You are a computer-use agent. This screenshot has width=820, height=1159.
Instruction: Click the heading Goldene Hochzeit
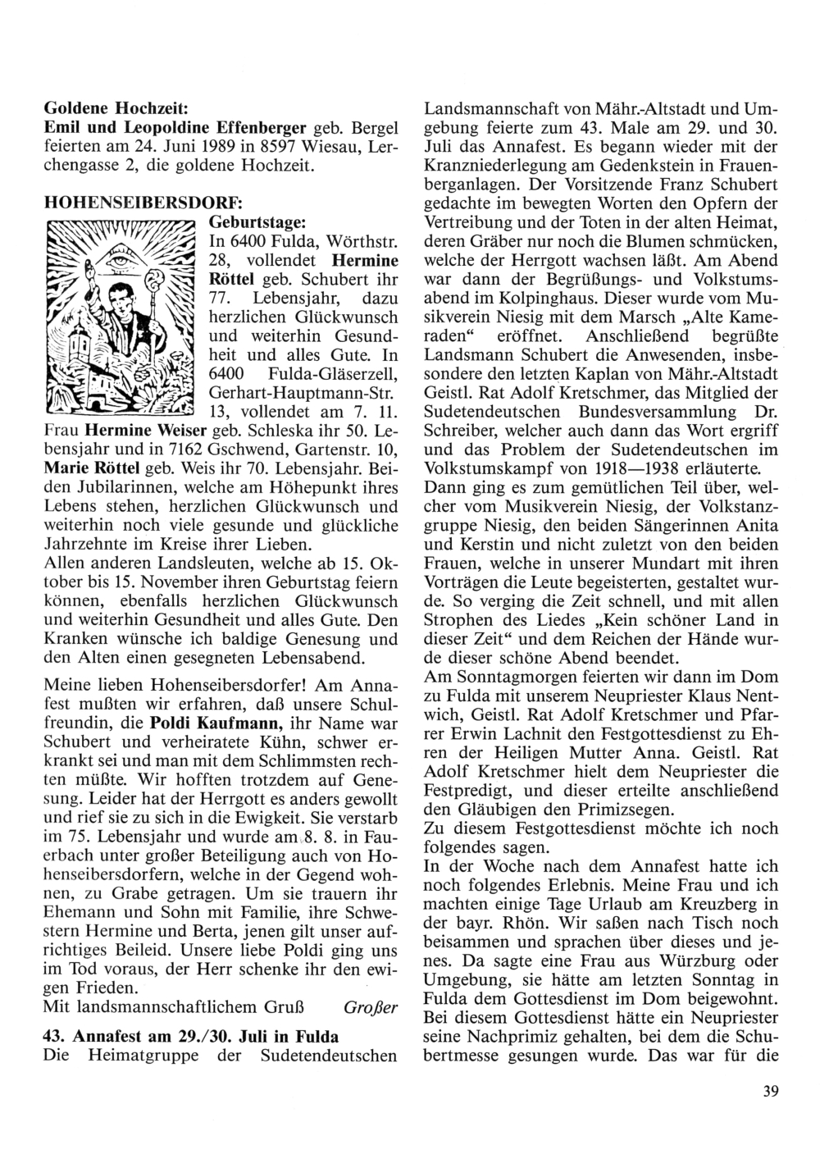pos(116,108)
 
